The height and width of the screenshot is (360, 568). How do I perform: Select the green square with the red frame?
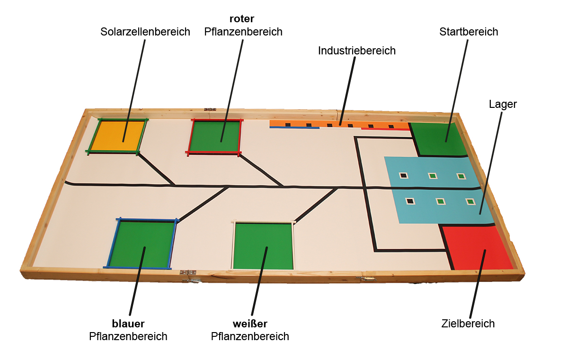pos(215,136)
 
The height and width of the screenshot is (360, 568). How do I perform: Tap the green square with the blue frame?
pos(141,244)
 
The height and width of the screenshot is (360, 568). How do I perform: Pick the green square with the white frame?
pos(263,246)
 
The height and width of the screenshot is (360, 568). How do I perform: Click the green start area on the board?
pos(438,139)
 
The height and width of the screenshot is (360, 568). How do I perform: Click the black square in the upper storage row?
pos(403,176)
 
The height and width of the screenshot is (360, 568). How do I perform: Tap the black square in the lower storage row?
pos(410,201)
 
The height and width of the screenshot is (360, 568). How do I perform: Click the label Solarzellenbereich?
pos(145,32)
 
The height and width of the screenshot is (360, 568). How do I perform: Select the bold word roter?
pos(242,19)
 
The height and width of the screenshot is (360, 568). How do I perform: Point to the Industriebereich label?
pos(356,51)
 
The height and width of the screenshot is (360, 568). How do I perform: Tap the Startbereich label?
pos(469,32)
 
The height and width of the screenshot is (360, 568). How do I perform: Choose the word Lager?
pos(503,105)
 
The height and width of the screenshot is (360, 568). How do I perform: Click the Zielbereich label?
pos(468,324)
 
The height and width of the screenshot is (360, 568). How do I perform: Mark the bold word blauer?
pos(128,324)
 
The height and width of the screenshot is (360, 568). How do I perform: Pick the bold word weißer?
pos(250,324)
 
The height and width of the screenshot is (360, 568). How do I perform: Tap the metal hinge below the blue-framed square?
pos(188,273)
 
